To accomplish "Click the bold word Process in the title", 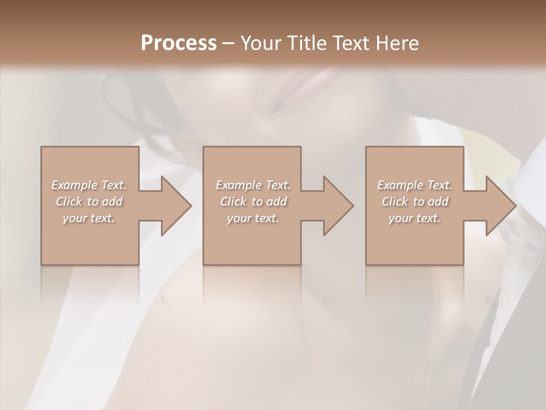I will [179, 43].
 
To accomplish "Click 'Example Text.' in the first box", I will [89, 185].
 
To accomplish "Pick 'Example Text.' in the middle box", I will [253, 185].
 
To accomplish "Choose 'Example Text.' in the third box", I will [415, 185].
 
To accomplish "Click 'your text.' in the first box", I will [89, 218].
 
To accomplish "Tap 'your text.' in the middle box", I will [253, 218].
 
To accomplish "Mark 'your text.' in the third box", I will [415, 218].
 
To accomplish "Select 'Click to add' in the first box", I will [89, 202].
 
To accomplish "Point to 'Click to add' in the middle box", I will [253, 202].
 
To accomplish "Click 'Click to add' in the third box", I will [415, 202].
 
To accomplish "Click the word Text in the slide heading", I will [348, 43].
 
